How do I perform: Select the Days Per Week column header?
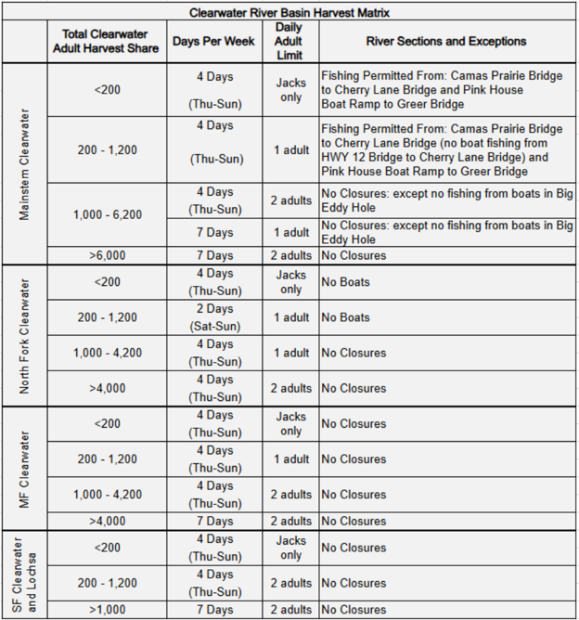click(214, 42)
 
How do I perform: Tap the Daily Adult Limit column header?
click(290, 42)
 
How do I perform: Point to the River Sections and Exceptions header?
click(446, 42)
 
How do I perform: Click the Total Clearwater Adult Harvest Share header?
click(107, 42)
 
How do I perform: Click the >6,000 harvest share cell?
click(107, 255)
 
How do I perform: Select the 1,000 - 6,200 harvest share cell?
click(107, 214)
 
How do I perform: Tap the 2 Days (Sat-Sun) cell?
click(214, 317)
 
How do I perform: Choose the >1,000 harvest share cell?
click(107, 610)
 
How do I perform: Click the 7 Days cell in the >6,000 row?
click(214, 255)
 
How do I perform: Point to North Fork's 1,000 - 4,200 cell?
click(107, 353)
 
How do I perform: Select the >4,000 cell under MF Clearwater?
click(107, 521)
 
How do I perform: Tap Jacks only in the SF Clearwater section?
click(290, 548)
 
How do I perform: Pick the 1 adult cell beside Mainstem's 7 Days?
click(290, 232)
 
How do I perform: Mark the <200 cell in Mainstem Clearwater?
click(107, 90)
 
